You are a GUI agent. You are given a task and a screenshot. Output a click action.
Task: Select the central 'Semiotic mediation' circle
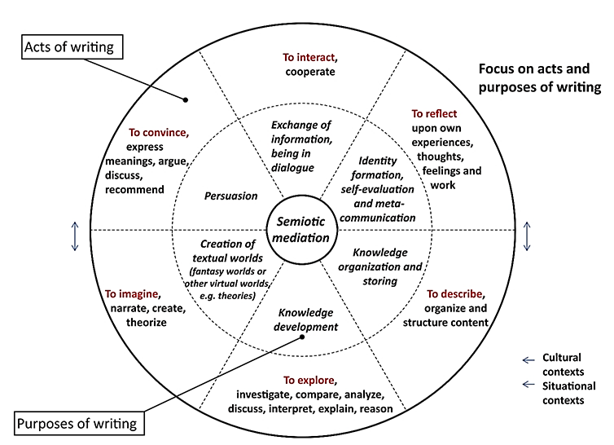300,228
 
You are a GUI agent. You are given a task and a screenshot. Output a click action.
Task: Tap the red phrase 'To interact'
309,57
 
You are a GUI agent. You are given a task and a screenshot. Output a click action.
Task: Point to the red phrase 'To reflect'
434,113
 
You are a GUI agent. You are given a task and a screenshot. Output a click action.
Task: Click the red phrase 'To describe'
456,293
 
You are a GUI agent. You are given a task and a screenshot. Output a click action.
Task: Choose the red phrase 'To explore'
309,380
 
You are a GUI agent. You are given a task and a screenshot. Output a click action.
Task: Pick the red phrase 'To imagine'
133,293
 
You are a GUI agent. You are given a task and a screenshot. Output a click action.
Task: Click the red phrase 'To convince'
159,132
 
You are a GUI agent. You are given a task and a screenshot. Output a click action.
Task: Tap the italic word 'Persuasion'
230,196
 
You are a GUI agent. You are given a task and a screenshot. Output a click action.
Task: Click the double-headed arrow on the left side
74,236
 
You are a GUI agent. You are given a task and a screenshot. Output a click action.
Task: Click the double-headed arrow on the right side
528,236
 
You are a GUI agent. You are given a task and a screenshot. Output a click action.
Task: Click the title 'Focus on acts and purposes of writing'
539,79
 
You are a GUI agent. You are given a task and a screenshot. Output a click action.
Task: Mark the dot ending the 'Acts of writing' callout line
186,100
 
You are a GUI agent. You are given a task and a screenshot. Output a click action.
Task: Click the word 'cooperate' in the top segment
310,72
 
